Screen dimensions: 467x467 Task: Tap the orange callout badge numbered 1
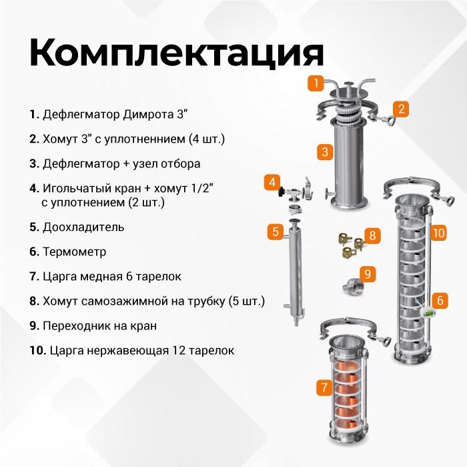pyautogui.click(x=316, y=83)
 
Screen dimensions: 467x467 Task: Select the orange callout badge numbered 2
pyautogui.click(x=400, y=109)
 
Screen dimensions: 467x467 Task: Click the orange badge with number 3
pyautogui.click(x=325, y=152)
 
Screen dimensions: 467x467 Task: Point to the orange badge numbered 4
pyautogui.click(x=272, y=182)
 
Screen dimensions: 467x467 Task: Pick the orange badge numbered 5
pyautogui.click(x=276, y=231)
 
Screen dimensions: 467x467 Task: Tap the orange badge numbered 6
pyautogui.click(x=440, y=300)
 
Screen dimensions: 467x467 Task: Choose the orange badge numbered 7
pyautogui.click(x=324, y=387)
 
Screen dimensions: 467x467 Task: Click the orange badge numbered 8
pyautogui.click(x=372, y=236)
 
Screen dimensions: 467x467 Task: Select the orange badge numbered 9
pyautogui.click(x=368, y=274)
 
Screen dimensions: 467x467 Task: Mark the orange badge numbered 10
pyautogui.click(x=438, y=233)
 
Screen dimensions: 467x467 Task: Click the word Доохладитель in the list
pyautogui.click(x=83, y=227)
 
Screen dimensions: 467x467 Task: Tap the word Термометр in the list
pyautogui.click(x=75, y=252)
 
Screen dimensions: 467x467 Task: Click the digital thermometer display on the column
pyautogui.click(x=428, y=313)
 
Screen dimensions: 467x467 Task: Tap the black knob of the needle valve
pyautogui.click(x=281, y=192)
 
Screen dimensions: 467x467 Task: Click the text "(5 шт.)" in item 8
pyautogui.click(x=247, y=302)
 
